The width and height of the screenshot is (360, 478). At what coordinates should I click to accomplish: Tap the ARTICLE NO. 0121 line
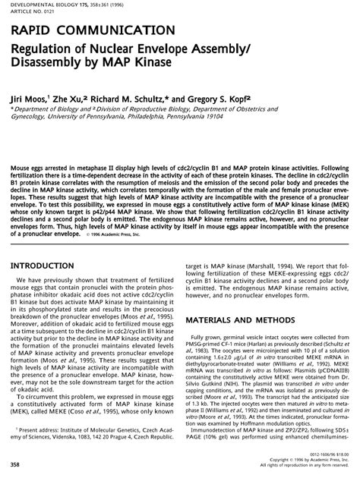[x=27, y=13]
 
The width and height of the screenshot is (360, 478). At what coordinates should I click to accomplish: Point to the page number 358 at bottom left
[x=15, y=462]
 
